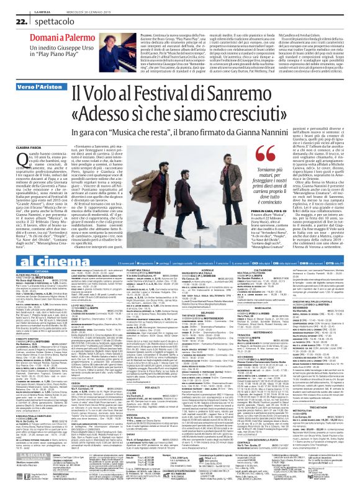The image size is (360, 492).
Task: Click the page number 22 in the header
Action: (13, 21)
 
